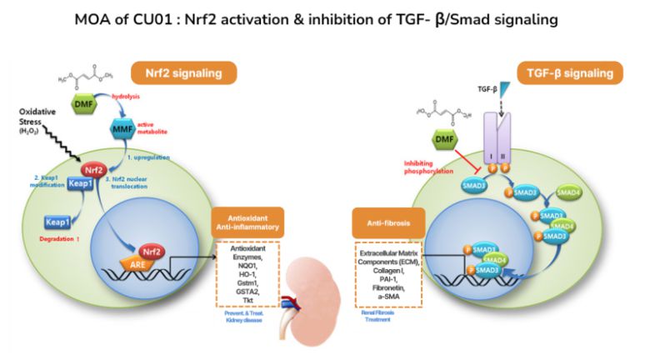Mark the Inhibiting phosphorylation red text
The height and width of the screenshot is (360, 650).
427,167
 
